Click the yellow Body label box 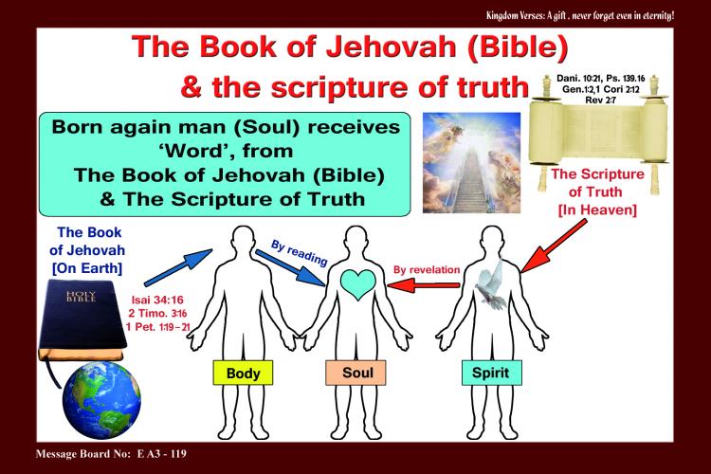tap(243, 373)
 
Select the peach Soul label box tap(355, 373)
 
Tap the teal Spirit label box tap(491, 373)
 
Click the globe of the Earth tap(101, 400)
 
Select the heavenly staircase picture tap(471, 163)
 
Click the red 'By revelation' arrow tap(424, 285)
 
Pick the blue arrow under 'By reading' tap(290, 268)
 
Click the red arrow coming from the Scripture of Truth tap(554, 246)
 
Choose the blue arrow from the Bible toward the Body tap(178, 267)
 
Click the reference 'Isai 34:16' tap(157, 300)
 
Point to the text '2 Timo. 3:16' tap(157, 314)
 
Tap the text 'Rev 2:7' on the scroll tap(600, 100)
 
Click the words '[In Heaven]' tap(597, 210)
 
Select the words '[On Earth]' tap(87, 268)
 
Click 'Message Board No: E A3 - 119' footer tap(111, 453)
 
